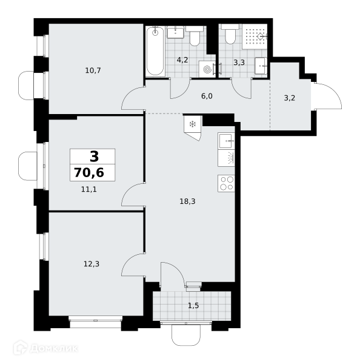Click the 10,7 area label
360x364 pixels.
tap(93, 70)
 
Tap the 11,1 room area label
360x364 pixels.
tap(89, 189)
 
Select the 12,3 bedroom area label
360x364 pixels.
tap(92, 264)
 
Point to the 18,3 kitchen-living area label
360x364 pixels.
tap(187, 201)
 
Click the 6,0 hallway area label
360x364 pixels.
tap(207, 96)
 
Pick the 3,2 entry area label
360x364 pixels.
tap(290, 98)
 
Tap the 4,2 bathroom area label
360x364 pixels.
tap(182, 60)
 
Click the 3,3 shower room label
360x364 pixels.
tap(239, 62)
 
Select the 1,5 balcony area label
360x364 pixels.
tap(193, 306)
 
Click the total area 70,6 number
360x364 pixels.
tap(89, 173)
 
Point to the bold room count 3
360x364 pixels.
tap(94, 157)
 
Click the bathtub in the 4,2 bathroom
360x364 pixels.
tap(155, 51)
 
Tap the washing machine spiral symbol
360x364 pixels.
tap(207, 69)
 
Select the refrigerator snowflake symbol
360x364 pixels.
tap(193, 124)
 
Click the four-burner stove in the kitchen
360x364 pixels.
tap(226, 183)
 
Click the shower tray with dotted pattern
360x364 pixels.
tap(255, 36)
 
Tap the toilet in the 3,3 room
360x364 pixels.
tap(230, 34)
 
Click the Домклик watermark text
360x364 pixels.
tap(54, 349)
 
